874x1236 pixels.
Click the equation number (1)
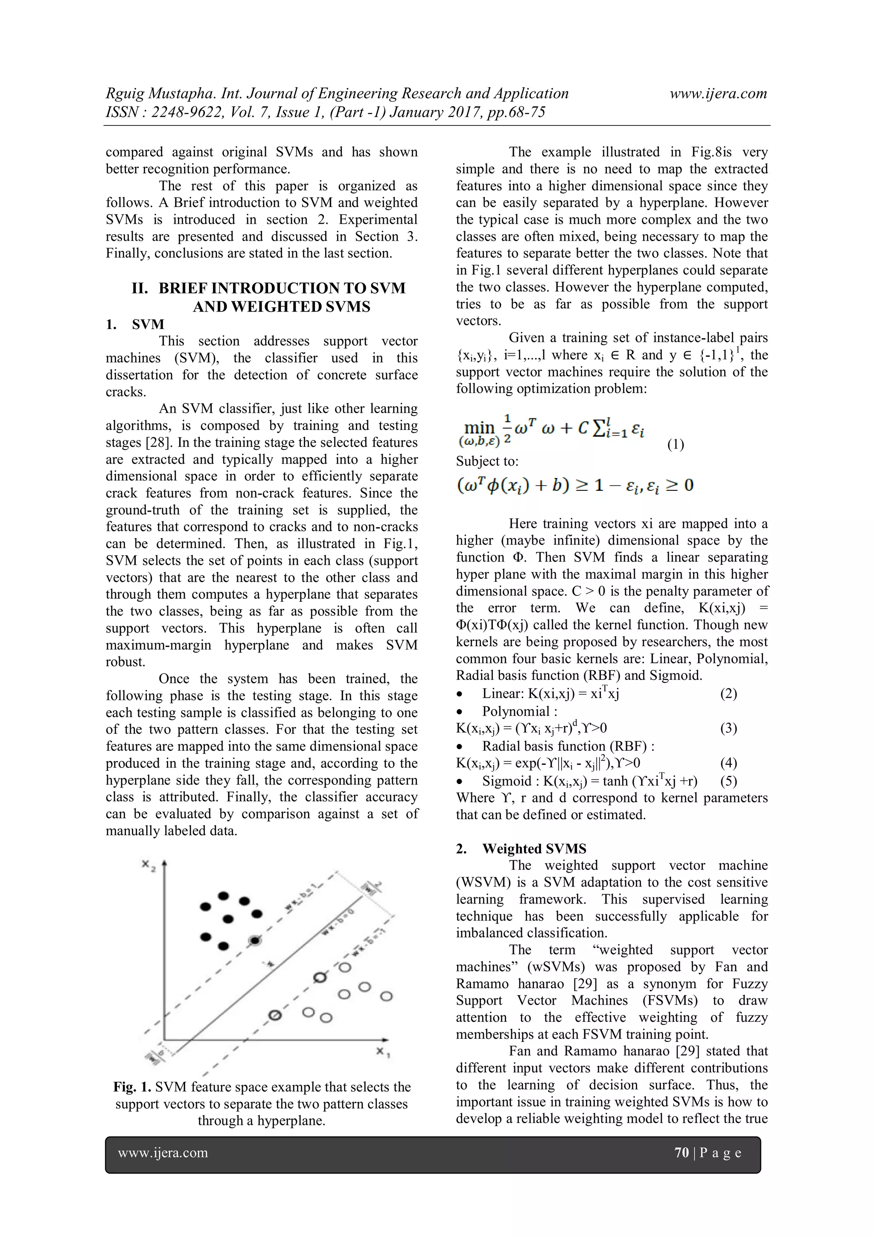tap(676, 444)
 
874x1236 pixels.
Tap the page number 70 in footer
tap(682, 1152)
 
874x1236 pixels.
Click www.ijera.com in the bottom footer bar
tap(163, 1152)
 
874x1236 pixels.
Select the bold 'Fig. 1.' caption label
tap(132, 1087)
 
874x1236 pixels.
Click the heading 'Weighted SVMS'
tap(534, 848)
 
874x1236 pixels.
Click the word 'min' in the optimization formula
tap(478, 428)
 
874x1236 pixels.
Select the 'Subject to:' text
tap(487, 461)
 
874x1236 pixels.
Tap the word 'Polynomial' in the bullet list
tap(515, 711)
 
